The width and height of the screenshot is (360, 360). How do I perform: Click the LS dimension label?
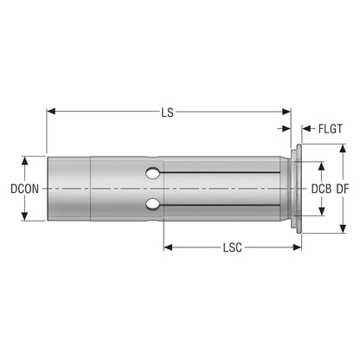tap(167, 112)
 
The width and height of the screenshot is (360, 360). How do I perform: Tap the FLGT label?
tap(331, 129)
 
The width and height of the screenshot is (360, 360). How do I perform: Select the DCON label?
tap(24, 189)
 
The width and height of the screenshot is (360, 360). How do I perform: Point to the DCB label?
tap(321, 189)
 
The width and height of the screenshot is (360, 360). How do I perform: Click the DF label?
tap(343, 189)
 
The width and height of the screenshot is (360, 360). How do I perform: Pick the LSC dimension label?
tap(233, 247)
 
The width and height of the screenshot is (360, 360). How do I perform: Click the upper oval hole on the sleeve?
tap(152, 173)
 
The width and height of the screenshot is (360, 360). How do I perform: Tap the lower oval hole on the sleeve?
tap(152, 204)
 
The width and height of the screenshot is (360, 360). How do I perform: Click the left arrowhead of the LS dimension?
tap(51, 112)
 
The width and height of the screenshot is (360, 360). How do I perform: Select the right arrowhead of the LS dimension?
tap(286, 112)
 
